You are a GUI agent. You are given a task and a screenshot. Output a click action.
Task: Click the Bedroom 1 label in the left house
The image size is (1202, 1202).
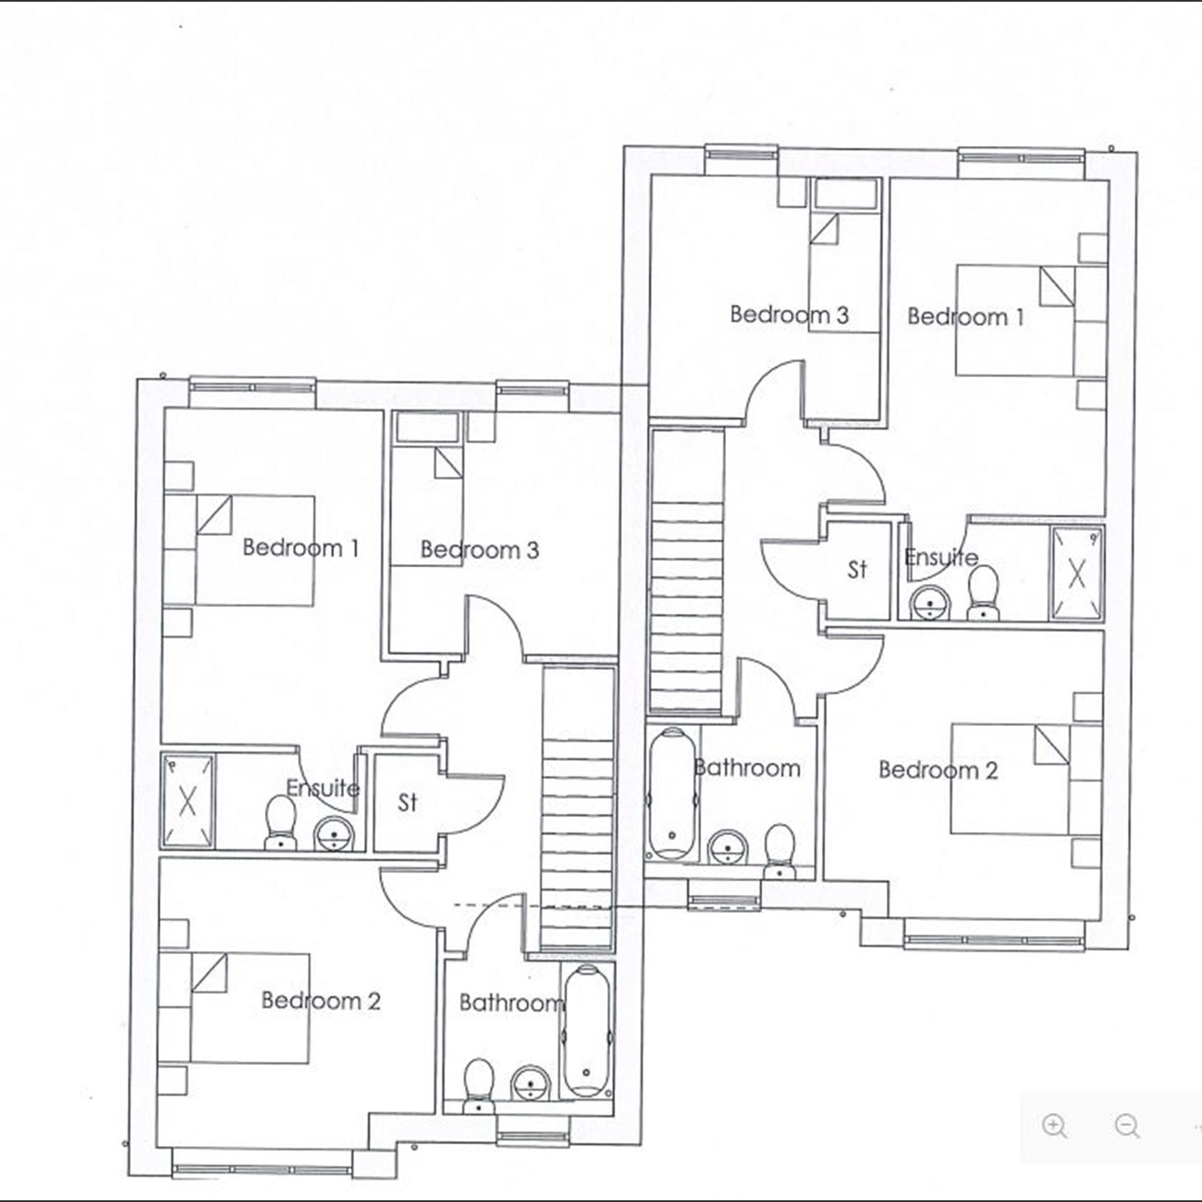click(300, 548)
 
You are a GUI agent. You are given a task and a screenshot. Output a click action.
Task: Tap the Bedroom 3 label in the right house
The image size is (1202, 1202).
click(789, 315)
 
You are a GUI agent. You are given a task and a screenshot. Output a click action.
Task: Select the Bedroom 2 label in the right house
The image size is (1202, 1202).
click(938, 770)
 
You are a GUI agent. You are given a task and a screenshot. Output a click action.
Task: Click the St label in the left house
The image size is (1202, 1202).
click(407, 802)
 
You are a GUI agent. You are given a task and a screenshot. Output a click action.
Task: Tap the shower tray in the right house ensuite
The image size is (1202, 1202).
click(1077, 573)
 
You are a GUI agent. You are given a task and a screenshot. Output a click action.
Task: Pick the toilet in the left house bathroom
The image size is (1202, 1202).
click(478, 1086)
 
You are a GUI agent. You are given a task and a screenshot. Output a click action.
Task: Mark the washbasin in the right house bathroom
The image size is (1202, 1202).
click(727, 847)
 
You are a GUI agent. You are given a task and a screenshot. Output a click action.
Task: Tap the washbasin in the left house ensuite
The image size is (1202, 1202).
click(333, 833)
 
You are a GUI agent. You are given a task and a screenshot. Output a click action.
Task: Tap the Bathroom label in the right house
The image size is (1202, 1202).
click(746, 768)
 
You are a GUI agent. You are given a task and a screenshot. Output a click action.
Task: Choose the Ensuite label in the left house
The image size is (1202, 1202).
click(322, 788)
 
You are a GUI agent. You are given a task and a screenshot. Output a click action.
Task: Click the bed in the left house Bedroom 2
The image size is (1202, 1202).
click(249, 1008)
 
